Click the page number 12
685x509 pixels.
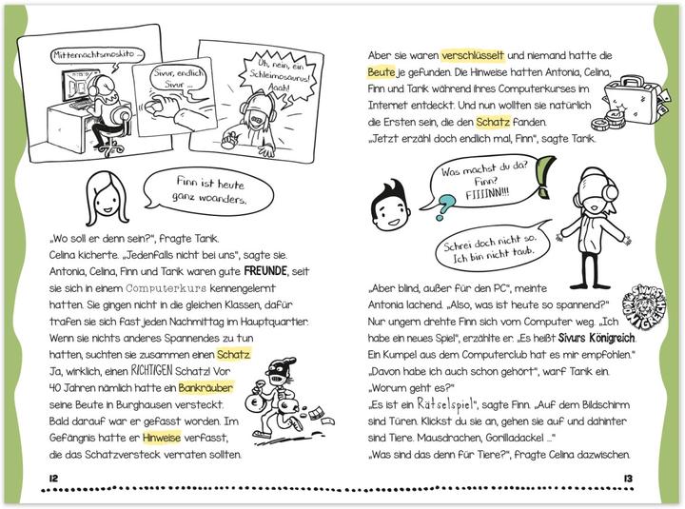38,476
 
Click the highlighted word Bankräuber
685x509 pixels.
205,387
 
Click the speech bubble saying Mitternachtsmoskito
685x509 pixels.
99,56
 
